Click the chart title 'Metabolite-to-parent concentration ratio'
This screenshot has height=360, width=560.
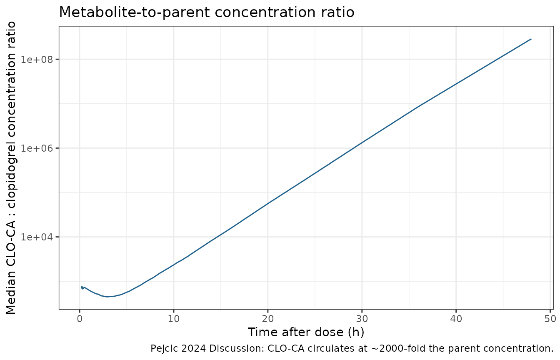click(207, 12)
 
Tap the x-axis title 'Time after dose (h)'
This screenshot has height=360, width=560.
click(306, 332)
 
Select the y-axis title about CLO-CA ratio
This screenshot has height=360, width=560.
click(11, 168)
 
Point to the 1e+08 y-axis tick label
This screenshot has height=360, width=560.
click(37, 60)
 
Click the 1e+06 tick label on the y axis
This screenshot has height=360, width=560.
click(37, 148)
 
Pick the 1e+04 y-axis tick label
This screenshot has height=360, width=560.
click(37, 237)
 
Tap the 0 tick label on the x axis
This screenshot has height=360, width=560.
click(80, 319)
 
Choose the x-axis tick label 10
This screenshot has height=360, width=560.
click(174, 319)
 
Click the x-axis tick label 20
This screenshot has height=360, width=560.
click(268, 319)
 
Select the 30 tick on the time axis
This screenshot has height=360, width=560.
click(362, 319)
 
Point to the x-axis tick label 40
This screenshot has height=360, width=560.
click(456, 319)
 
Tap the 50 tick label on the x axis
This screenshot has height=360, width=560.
click(550, 319)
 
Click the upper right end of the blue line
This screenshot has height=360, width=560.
click(531, 39)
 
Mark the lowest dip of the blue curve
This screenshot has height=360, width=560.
click(107, 297)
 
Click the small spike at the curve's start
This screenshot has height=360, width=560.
click(82, 287)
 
